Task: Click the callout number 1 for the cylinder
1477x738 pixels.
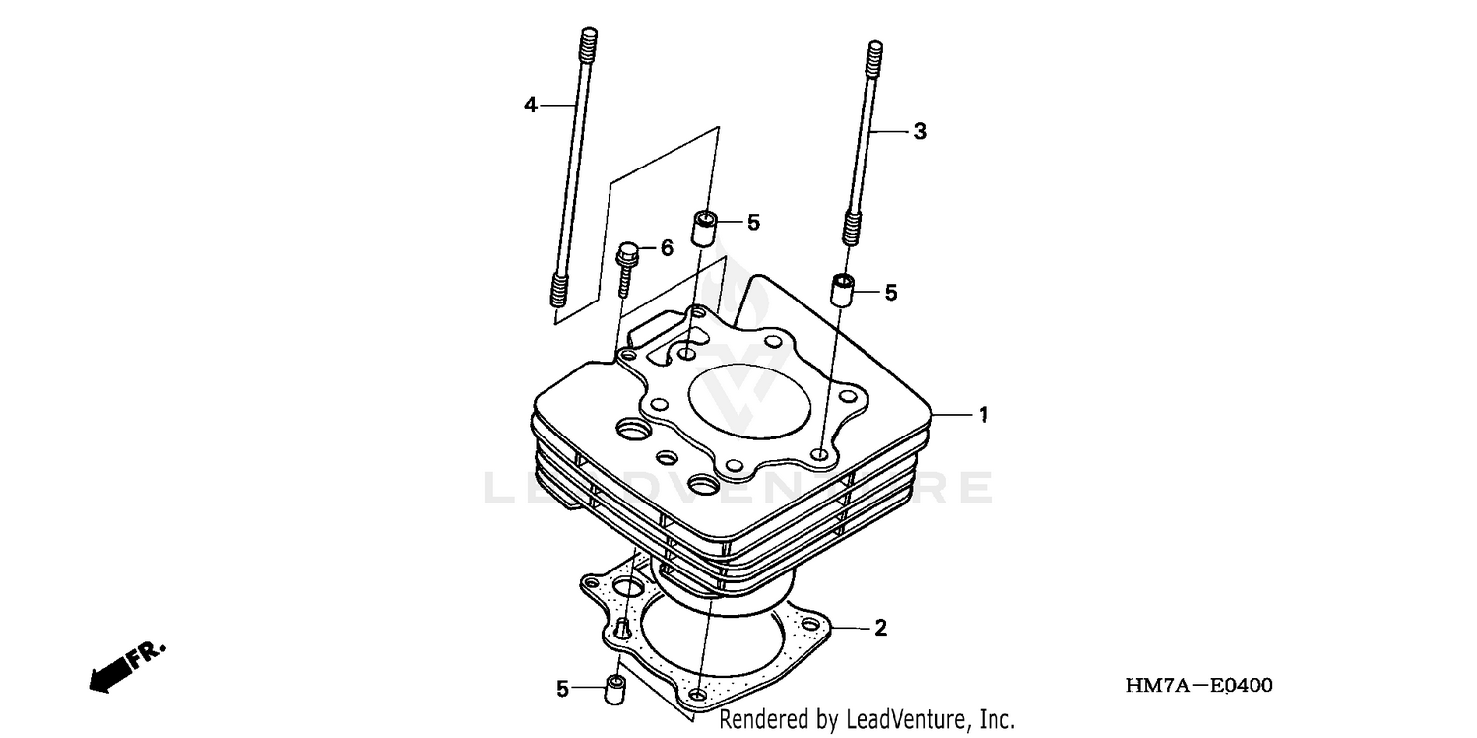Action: click(982, 416)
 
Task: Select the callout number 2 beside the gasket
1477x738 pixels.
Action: click(880, 628)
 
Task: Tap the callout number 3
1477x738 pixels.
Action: click(919, 131)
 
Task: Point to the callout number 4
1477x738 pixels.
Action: click(531, 104)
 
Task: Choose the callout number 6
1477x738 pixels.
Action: click(667, 248)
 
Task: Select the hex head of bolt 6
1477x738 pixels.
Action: click(626, 253)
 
